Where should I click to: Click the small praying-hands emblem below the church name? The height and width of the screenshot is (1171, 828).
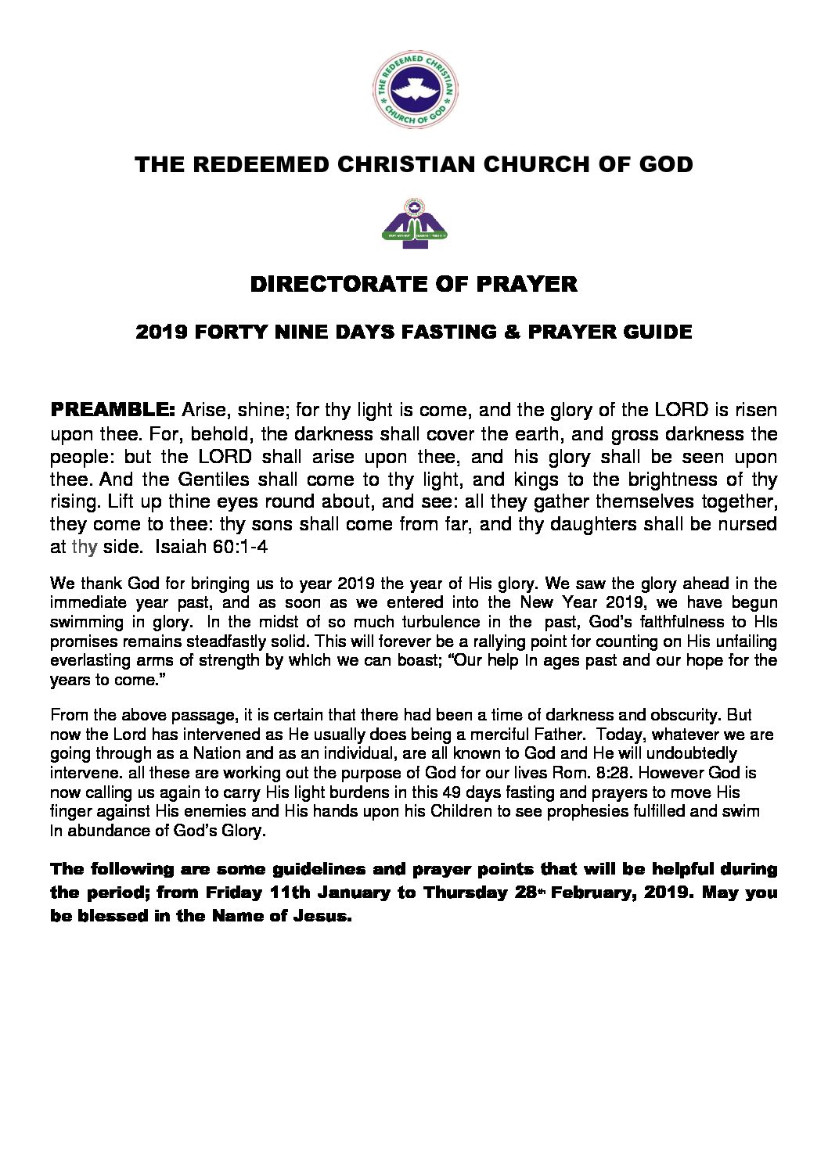click(414, 222)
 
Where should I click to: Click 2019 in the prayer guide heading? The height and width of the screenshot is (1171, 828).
click(161, 332)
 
